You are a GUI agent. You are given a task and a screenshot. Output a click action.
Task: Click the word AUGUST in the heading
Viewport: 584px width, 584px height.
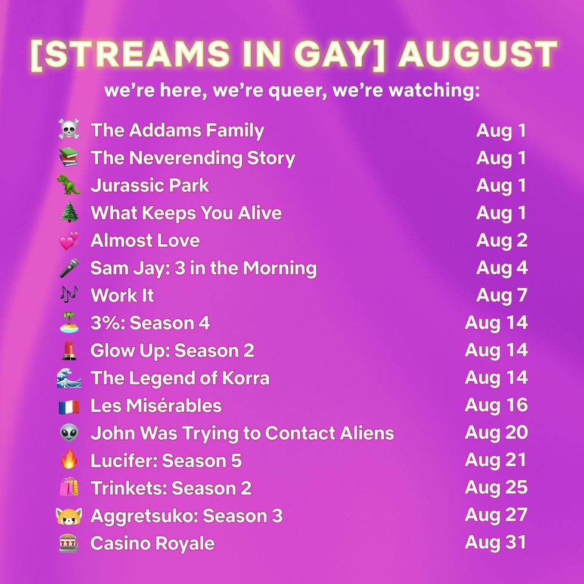477,55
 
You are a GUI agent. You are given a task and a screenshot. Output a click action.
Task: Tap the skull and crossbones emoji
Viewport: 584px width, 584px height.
69,131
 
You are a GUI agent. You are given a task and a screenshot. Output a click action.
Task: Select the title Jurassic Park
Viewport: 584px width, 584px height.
150,185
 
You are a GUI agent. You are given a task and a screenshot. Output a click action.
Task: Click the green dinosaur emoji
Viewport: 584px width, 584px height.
69,185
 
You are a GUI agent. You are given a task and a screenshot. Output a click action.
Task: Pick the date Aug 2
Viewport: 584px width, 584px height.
501,240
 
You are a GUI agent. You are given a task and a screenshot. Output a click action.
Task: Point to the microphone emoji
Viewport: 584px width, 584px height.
69,268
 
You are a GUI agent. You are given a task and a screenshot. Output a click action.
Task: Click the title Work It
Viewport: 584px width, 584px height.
122,296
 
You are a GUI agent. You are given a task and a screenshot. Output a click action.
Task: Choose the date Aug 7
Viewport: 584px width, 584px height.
501,295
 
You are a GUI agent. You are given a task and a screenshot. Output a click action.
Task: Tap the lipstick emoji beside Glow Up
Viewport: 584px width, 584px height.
69,350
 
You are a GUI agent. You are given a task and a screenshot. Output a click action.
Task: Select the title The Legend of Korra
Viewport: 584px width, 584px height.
179,378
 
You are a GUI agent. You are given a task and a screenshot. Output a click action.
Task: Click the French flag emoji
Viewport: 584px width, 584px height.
69,406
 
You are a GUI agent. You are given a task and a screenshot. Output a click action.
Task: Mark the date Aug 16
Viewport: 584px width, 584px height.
496,405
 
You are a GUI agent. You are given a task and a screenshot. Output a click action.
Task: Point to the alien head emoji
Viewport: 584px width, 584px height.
69,433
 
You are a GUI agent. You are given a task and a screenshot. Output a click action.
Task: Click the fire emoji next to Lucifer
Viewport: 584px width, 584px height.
69,461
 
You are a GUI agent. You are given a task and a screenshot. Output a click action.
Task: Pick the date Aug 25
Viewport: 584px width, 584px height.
496,487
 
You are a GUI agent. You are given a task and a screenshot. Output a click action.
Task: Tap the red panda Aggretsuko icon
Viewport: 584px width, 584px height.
69,515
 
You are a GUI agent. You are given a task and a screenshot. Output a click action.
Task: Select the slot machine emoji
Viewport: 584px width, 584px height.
69,543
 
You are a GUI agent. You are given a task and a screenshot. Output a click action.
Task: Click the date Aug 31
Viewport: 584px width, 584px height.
496,542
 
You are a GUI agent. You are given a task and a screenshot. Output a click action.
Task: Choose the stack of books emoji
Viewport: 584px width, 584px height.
69,158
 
